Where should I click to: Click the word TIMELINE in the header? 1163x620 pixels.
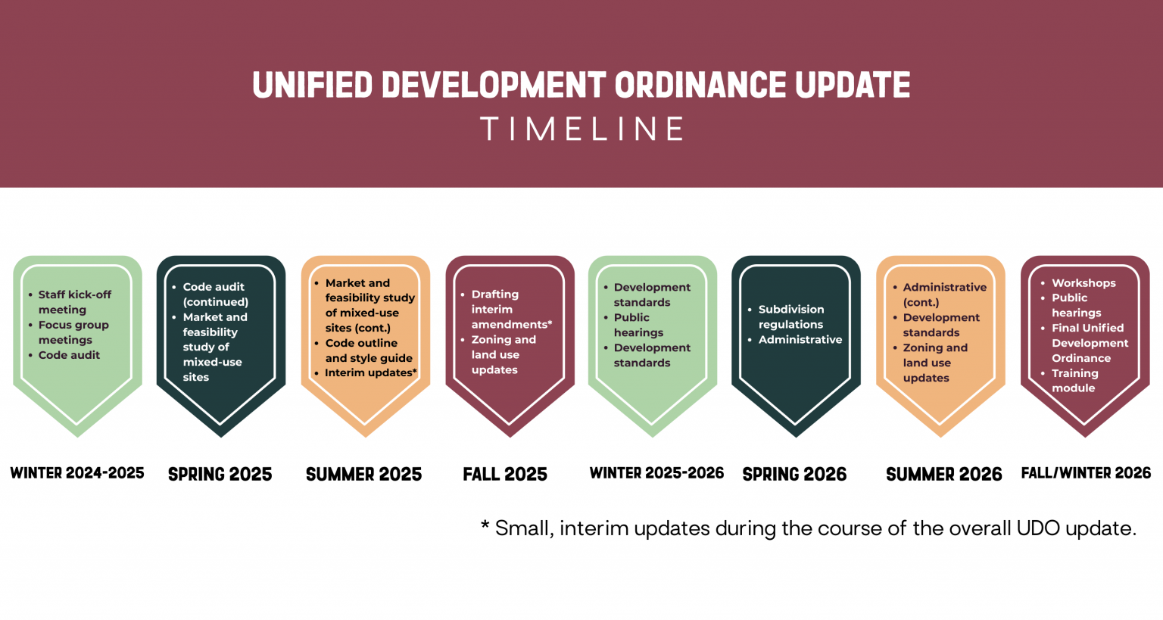pyautogui.click(x=581, y=129)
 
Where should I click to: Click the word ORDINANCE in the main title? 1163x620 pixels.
pyautogui.click(x=700, y=85)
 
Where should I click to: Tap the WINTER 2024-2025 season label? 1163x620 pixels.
pyautogui.click(x=77, y=473)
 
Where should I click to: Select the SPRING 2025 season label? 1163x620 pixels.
pyautogui.click(x=220, y=475)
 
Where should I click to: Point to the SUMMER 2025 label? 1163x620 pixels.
pyautogui.click(x=363, y=475)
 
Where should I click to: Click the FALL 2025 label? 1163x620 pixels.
pyautogui.click(x=505, y=475)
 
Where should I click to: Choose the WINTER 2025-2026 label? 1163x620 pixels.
pyautogui.click(x=656, y=473)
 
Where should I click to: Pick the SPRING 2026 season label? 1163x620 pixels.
pyautogui.click(x=794, y=475)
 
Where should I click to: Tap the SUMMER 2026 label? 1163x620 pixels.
pyautogui.click(x=943, y=475)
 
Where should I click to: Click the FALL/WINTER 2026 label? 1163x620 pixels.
pyautogui.click(x=1086, y=473)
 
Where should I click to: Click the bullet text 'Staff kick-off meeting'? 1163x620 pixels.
pyautogui.click(x=74, y=302)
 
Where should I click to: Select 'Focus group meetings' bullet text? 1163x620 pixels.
pyautogui.click(x=73, y=332)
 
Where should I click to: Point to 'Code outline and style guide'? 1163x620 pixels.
pyautogui.click(x=369, y=351)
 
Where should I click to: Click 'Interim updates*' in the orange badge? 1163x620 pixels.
pyautogui.click(x=370, y=372)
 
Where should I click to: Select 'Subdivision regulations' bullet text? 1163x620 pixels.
pyautogui.click(x=791, y=316)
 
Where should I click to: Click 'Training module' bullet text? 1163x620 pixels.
pyautogui.click(x=1074, y=381)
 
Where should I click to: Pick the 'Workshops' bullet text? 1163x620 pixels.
pyautogui.click(x=1083, y=283)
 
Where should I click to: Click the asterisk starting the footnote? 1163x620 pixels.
pyautogui.click(x=485, y=525)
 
